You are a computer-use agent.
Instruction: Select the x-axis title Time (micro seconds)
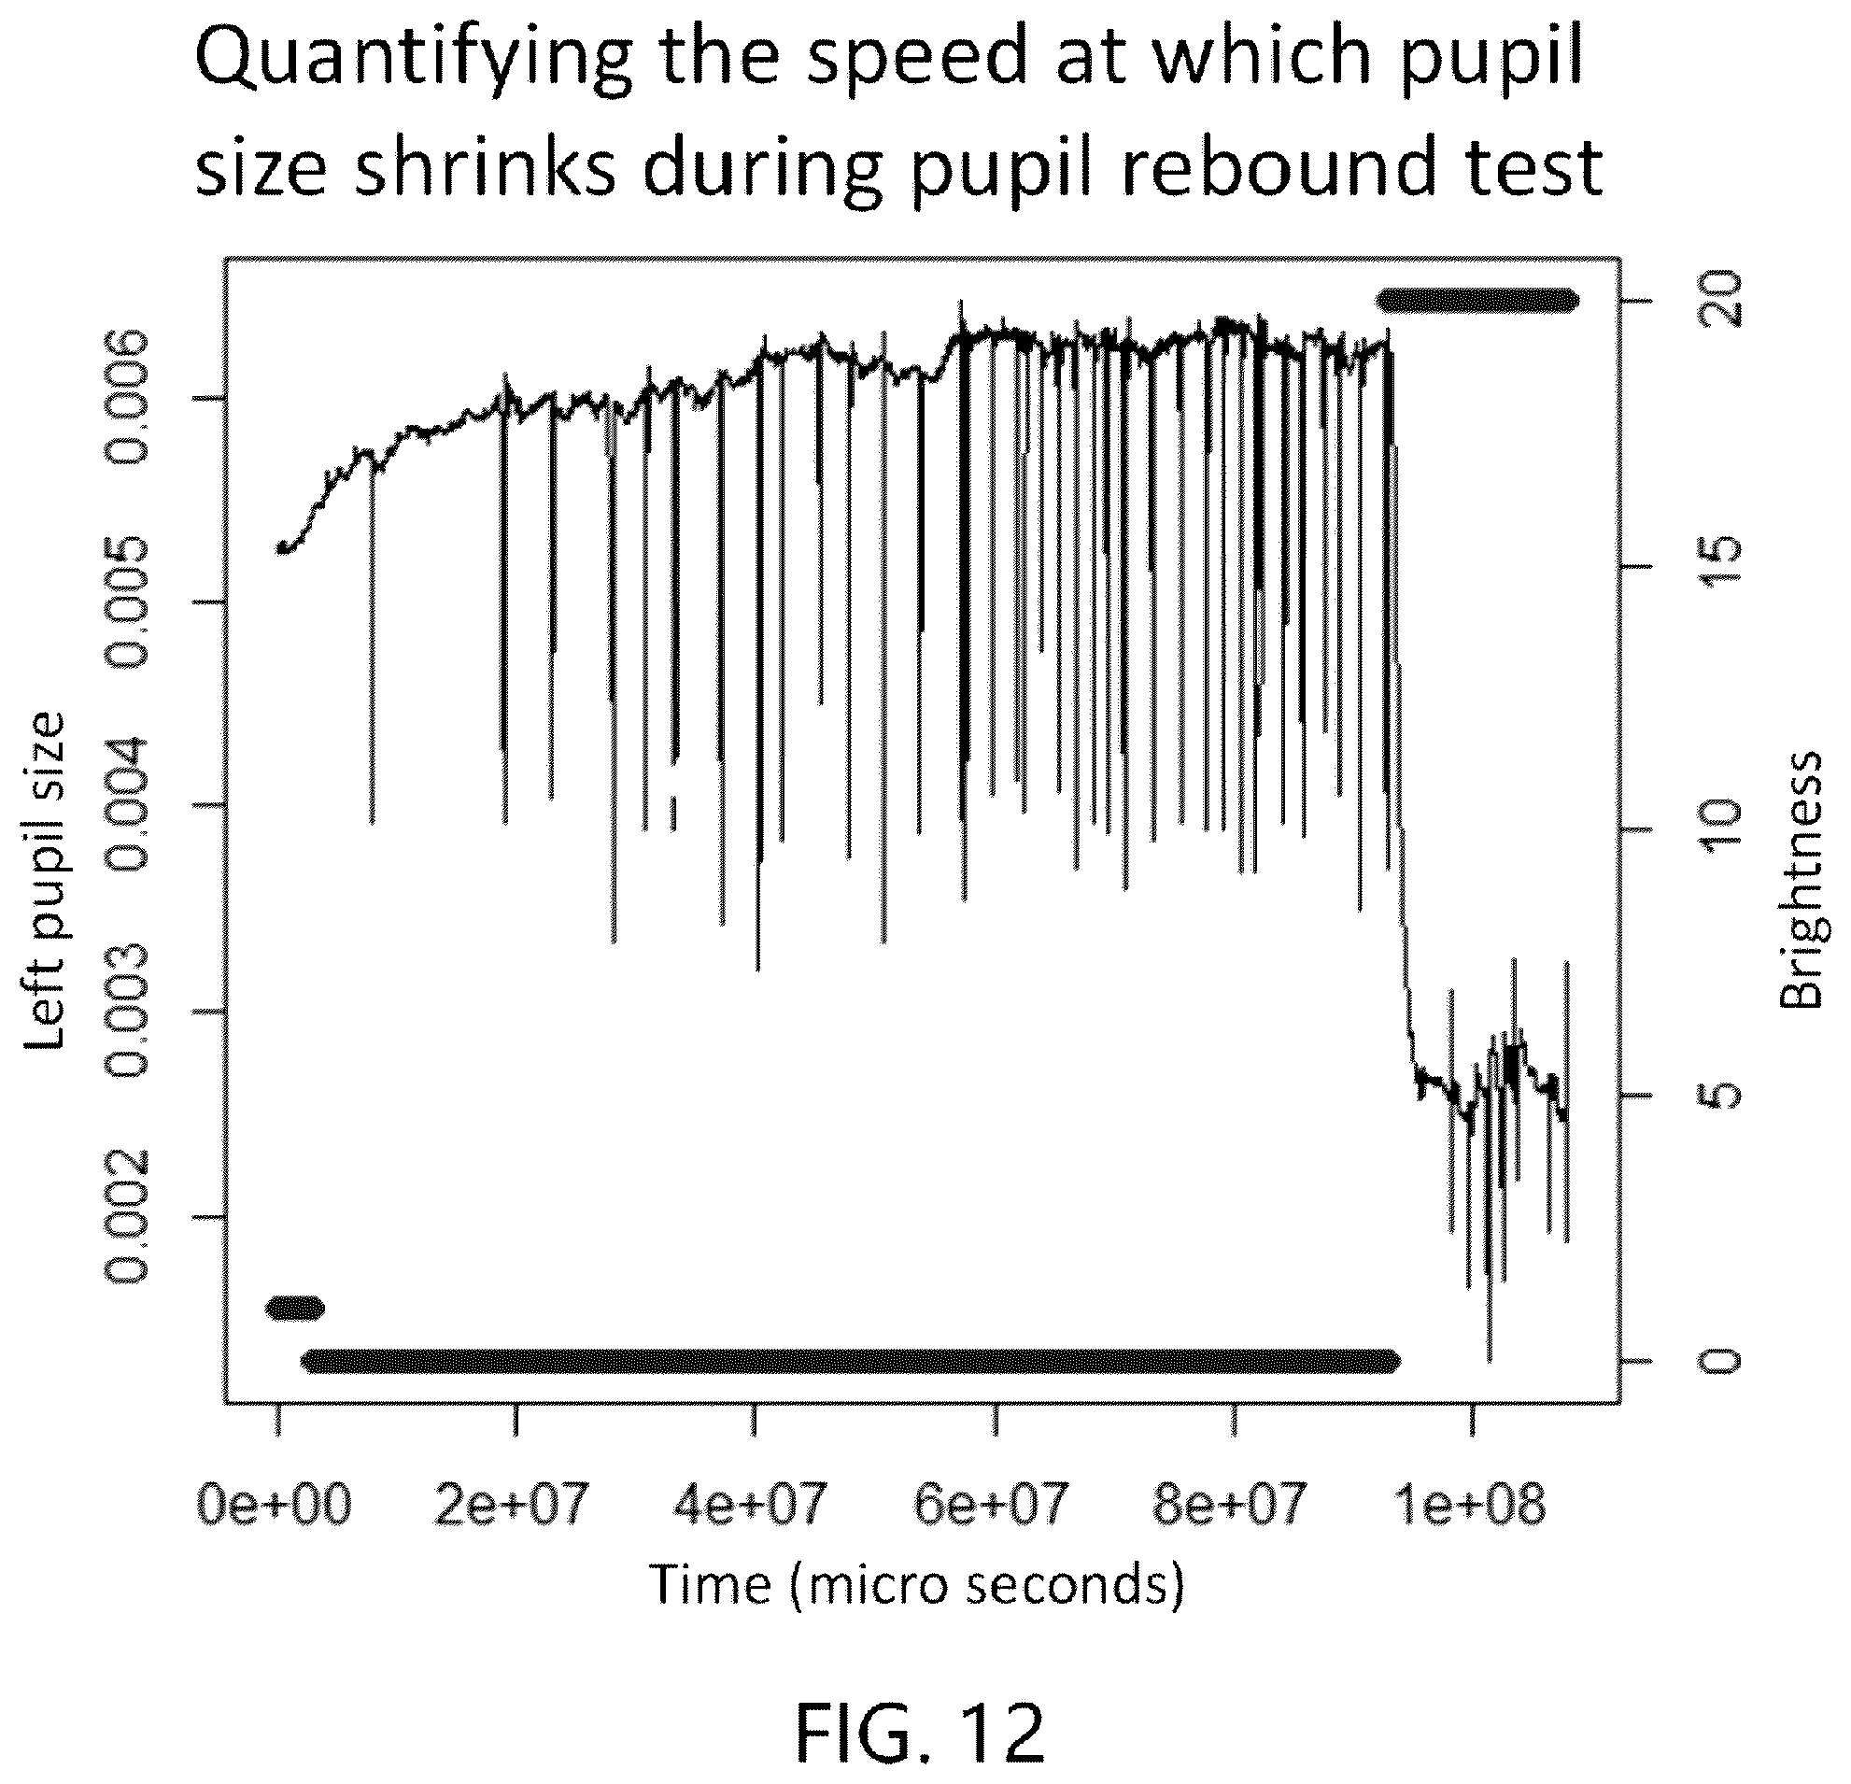click(917, 1583)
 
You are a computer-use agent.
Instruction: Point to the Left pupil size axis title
click(45, 880)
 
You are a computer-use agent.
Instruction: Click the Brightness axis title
click(1800, 880)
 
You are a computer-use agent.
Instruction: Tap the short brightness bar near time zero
click(295, 1307)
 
